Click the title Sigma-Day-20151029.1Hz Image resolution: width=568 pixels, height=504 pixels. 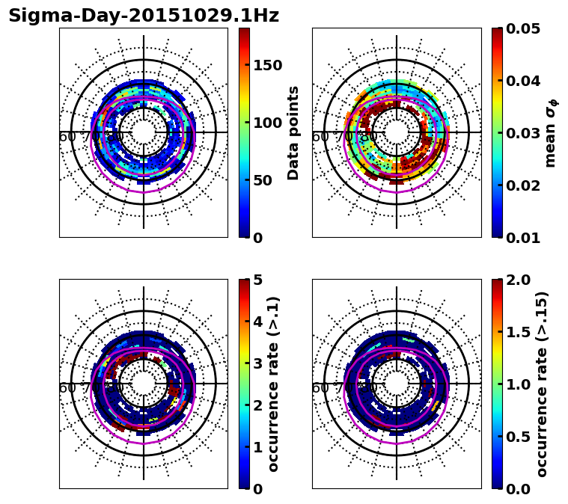[144, 16]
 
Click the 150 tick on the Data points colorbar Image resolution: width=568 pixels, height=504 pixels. [268, 65]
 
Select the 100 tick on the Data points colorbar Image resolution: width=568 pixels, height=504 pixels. [268, 123]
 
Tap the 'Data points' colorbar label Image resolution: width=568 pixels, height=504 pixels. [293, 132]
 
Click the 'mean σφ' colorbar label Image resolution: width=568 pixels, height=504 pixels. [550, 133]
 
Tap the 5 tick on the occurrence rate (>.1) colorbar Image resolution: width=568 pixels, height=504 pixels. [258, 280]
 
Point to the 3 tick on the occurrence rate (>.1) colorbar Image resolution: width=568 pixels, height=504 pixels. [258, 363]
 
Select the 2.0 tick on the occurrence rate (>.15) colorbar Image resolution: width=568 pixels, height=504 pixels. [520, 280]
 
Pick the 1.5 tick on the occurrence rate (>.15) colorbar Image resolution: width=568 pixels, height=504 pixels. [520, 332]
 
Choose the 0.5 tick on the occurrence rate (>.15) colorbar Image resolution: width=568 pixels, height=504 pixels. [520, 437]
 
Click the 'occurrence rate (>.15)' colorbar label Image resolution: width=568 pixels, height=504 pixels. [542, 384]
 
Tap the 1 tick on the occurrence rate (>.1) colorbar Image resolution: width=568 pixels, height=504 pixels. [258, 447]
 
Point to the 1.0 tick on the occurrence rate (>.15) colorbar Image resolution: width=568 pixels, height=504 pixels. [520, 384]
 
